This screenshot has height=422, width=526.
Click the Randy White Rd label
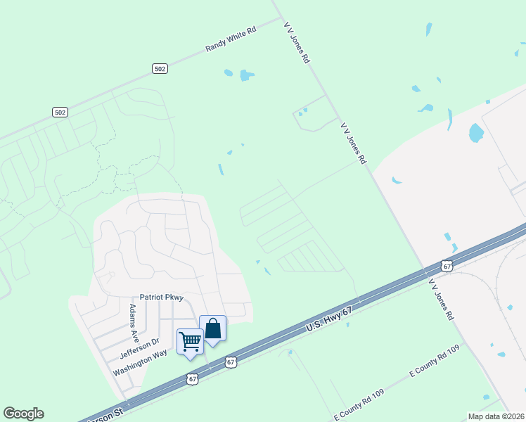coord(231,40)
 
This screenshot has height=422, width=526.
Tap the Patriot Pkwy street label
coord(162,298)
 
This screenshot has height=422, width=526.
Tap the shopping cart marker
coord(190,342)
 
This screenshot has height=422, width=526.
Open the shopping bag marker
coord(212,328)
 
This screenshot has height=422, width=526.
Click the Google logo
coord(23,414)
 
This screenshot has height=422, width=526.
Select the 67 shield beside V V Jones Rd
coord(447,265)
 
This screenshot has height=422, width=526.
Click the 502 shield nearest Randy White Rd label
coord(160,68)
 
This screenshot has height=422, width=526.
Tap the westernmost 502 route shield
coord(60,112)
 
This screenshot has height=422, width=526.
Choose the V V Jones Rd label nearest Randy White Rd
coord(297,43)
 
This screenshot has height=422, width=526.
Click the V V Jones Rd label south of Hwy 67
coord(441,299)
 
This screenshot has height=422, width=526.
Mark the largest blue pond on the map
coord(476,132)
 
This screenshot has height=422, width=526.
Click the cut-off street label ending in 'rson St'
coord(105,414)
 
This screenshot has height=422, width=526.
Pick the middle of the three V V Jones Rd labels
coord(354,142)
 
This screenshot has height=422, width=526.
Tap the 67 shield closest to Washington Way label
coord(192,378)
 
